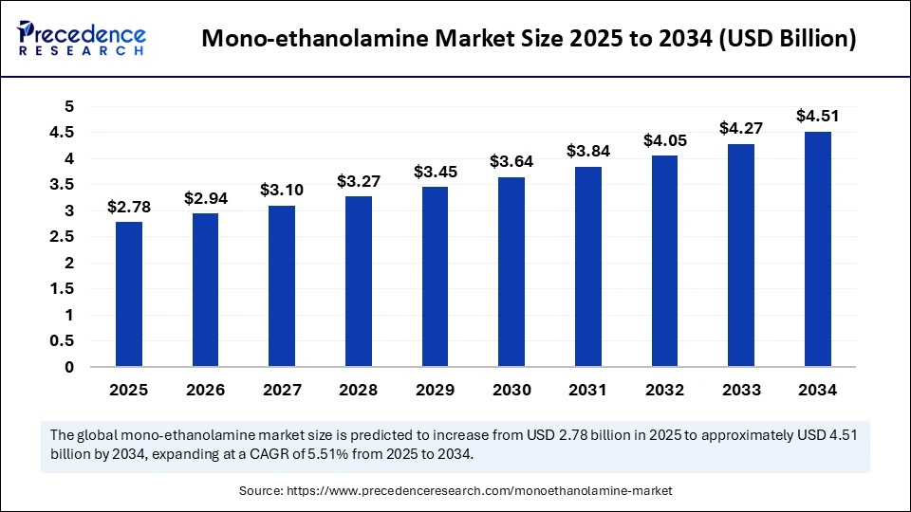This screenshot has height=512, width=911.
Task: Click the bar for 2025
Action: point(129,294)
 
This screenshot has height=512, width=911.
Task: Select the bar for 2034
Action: point(818,248)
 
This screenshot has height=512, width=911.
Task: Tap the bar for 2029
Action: point(436,276)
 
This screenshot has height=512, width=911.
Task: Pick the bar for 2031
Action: point(588,266)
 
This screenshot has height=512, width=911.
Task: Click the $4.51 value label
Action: point(818,117)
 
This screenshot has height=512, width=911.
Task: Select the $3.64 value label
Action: point(511,162)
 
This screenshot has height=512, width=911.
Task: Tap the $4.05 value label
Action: point(664,140)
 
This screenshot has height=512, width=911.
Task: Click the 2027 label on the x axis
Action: point(282,390)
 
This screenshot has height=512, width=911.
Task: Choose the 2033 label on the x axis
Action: point(741,390)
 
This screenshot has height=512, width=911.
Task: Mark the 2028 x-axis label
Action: point(359,390)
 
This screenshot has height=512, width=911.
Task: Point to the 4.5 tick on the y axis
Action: point(63,133)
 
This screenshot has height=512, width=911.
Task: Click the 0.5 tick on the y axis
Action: point(63,341)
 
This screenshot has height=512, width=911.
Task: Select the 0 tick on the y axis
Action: point(69,367)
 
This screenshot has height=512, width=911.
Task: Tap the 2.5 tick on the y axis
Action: point(63,237)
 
